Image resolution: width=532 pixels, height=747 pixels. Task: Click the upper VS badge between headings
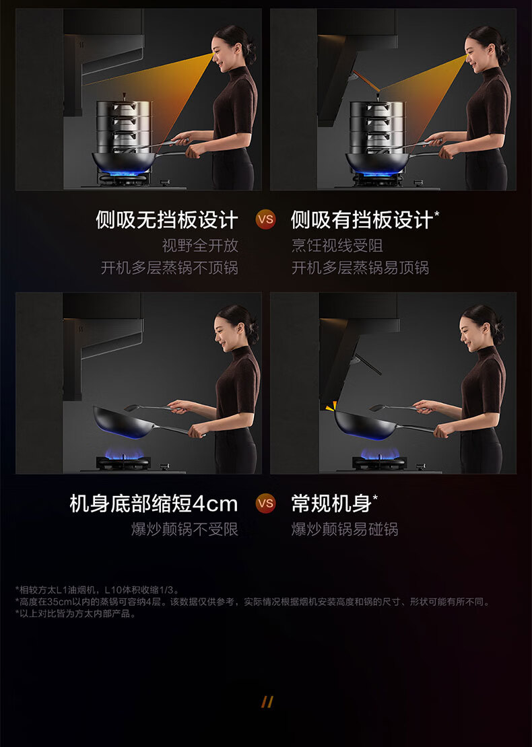coord(265,219)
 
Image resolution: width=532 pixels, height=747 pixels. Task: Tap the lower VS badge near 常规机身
coord(265,503)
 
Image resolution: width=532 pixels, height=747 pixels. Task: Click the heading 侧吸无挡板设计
coord(167,219)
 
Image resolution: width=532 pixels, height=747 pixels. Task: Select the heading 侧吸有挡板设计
coord(362,219)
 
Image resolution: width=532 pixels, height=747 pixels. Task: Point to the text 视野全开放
coord(200,246)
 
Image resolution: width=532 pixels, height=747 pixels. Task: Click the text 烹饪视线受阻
coord(337,246)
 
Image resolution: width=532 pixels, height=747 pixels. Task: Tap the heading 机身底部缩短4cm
coord(154,503)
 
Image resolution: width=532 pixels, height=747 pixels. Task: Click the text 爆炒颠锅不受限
coord(185,529)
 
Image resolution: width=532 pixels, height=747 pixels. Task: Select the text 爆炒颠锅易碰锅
coord(345,529)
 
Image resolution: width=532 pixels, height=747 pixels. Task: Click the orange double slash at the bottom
coord(267,702)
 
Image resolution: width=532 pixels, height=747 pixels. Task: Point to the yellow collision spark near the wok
coord(331,406)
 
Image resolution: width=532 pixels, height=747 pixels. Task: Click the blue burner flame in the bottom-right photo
coord(380,453)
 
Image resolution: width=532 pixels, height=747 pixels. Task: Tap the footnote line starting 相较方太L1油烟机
coord(97,590)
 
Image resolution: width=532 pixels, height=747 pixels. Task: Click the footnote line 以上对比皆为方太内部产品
coord(76,614)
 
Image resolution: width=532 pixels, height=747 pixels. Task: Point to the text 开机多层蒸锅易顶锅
coord(360,268)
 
